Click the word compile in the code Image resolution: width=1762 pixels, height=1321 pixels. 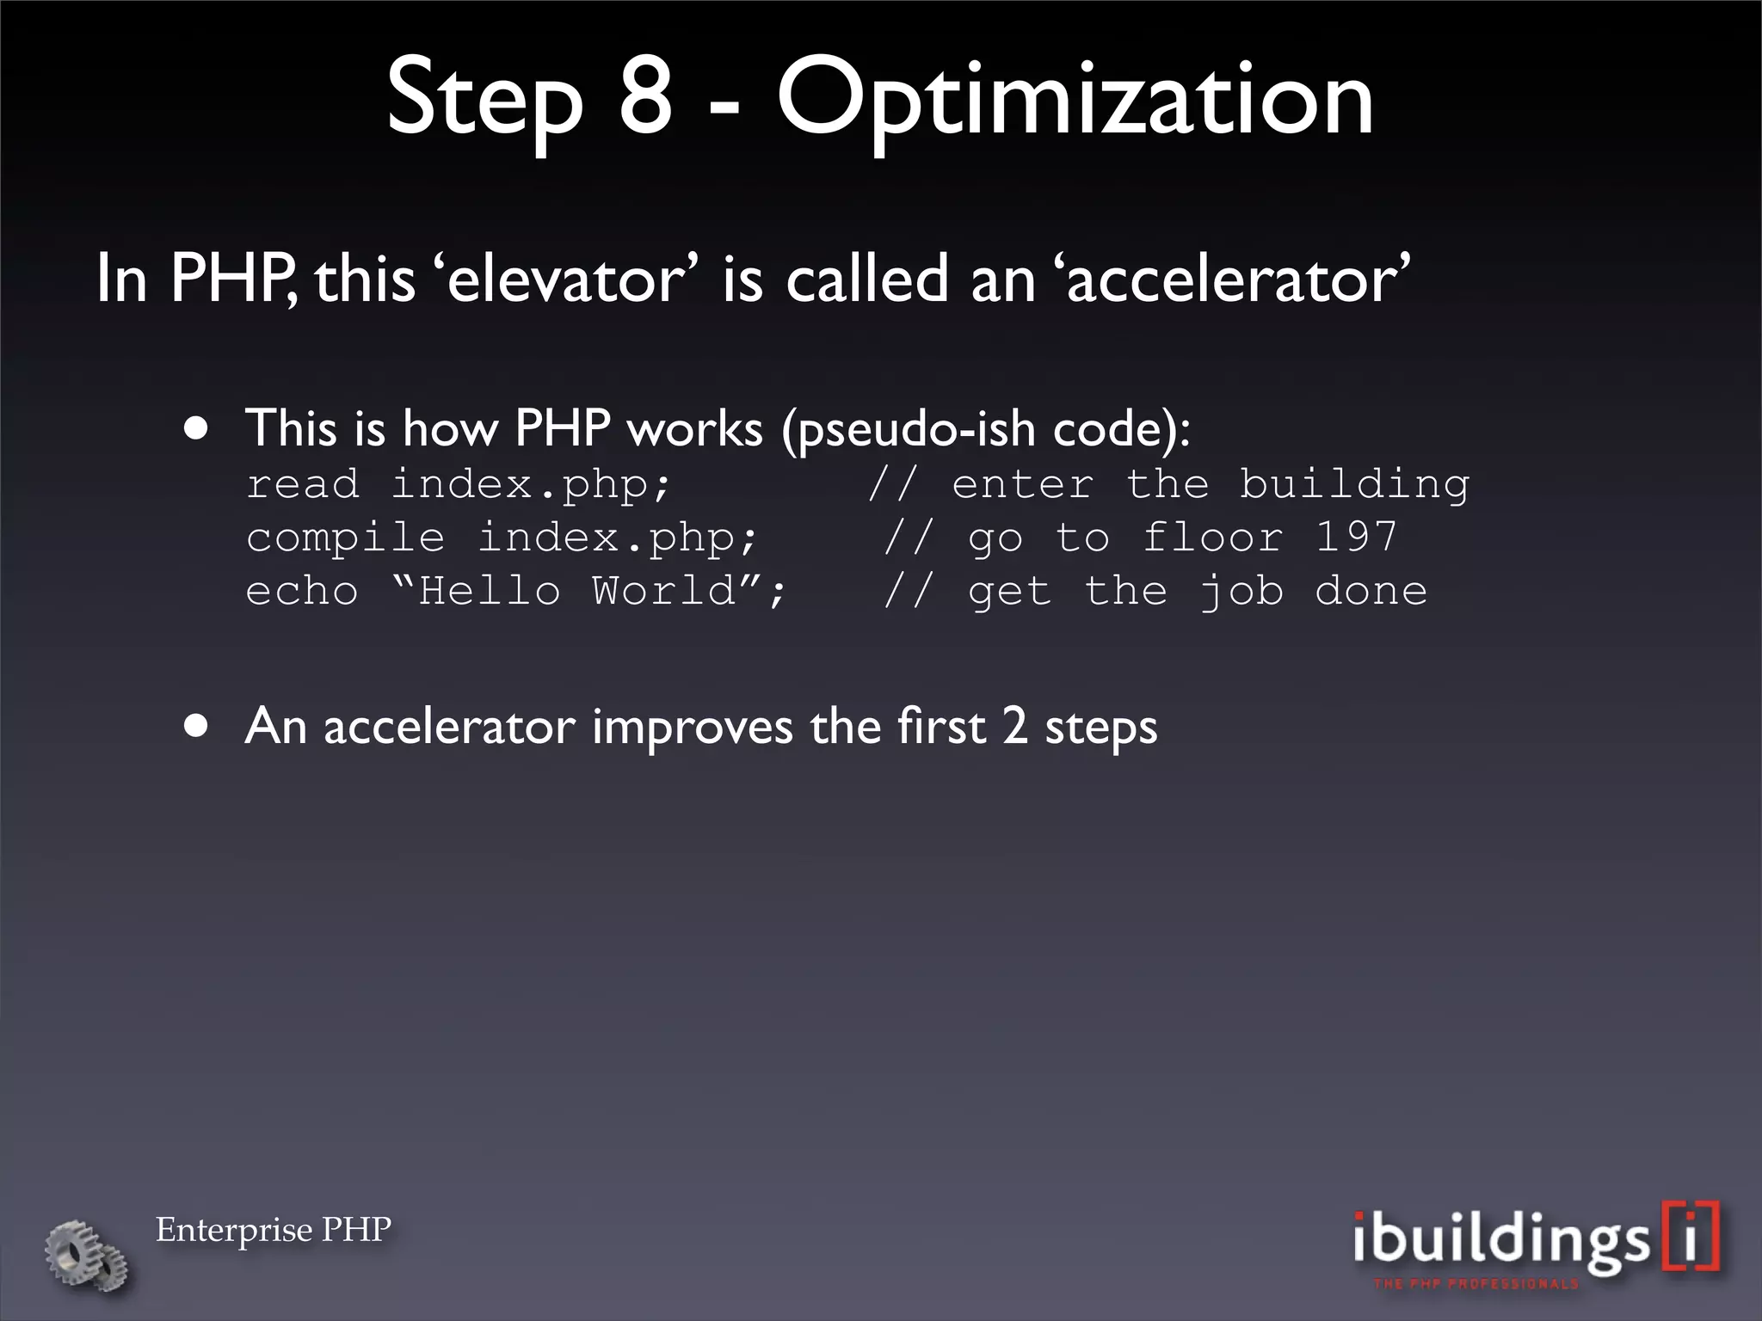coord(345,539)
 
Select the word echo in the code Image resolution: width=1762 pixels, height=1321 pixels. coord(302,592)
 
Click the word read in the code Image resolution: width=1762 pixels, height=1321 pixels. coord(302,484)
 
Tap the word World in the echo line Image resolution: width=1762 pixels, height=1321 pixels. coord(663,592)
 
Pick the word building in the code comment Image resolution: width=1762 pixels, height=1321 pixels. coord(1354,486)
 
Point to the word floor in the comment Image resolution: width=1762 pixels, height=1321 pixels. coord(1212,538)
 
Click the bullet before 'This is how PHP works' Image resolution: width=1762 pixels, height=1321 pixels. coord(197,429)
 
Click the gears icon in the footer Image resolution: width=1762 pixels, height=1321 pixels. coord(87,1255)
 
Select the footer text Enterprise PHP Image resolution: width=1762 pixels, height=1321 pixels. coord(274,1229)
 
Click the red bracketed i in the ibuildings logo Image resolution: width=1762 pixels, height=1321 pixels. coord(1691,1236)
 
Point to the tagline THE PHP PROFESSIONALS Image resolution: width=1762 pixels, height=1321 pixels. coord(1476,1284)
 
